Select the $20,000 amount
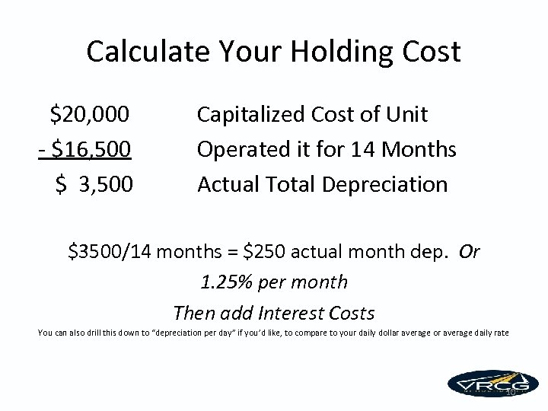click(x=89, y=115)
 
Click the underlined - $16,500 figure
click(x=84, y=149)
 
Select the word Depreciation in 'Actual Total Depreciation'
click(x=386, y=184)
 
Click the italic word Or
click(x=470, y=251)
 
